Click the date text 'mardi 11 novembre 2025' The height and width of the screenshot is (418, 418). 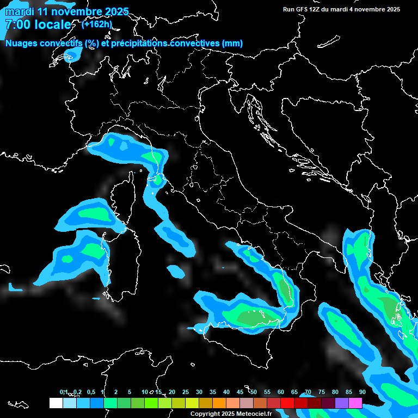click(67, 11)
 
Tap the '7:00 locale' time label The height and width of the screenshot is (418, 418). click(38, 24)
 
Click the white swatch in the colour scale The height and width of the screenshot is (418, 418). click(56, 403)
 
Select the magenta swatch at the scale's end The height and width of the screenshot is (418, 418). click(355, 403)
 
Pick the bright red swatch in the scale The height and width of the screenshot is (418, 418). click(287, 403)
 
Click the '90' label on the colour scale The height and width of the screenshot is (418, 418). click(362, 392)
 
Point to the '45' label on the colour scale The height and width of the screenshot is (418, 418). click(240, 392)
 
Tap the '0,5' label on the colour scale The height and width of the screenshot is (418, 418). click(91, 392)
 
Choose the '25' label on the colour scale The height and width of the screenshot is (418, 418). click(186, 392)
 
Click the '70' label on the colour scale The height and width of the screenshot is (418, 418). click(308, 392)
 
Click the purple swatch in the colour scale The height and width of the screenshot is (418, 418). click(342, 403)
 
